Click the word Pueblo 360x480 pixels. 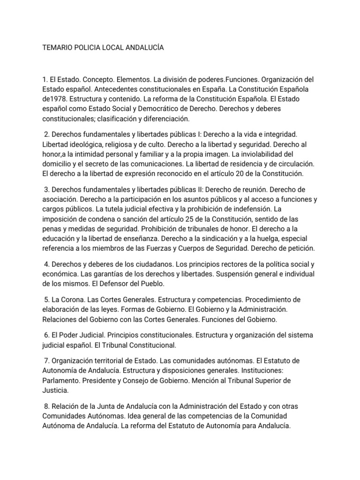click(152, 284)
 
